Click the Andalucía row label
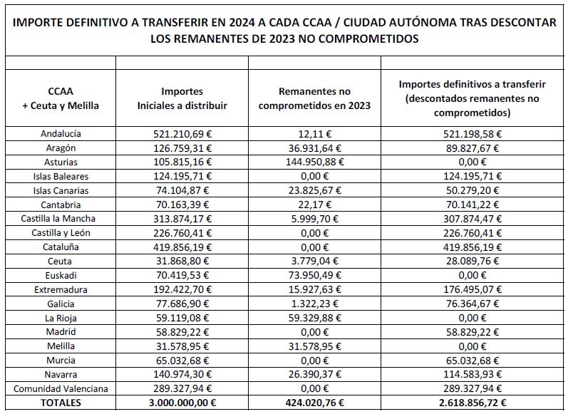point(61,134)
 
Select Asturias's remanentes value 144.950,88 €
point(314,162)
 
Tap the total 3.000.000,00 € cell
point(182,403)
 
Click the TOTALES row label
point(61,403)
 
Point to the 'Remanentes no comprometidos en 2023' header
point(314,98)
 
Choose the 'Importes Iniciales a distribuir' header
point(182,98)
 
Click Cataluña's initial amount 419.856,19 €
point(182,247)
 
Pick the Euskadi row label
point(61,275)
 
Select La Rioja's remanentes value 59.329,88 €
point(314,318)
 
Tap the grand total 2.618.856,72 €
point(473,403)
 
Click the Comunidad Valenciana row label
point(61,388)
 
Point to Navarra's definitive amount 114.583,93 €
point(473,375)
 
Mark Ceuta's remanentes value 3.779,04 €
point(314,261)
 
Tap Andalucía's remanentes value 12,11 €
point(314,134)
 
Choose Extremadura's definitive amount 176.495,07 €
point(473,289)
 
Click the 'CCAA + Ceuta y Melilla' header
point(61,98)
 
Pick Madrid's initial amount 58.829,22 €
point(182,332)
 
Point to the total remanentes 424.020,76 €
point(314,403)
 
